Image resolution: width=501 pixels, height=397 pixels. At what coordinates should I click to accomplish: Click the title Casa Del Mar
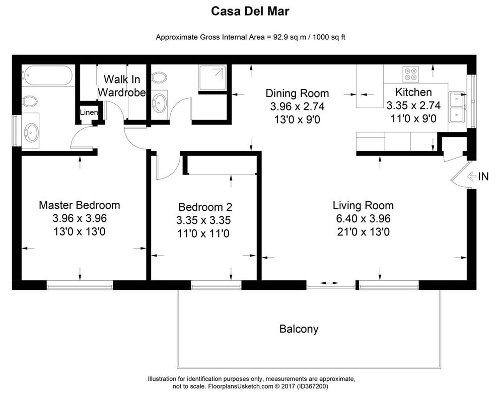(x=250, y=11)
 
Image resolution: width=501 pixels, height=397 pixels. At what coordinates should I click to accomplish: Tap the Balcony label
(x=299, y=329)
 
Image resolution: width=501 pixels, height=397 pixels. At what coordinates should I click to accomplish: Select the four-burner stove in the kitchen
(x=410, y=74)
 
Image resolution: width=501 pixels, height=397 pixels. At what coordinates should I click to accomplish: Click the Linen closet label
(x=89, y=112)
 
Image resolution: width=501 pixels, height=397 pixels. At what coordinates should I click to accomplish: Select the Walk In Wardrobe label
(x=121, y=86)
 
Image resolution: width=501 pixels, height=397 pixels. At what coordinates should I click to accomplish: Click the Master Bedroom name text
(x=80, y=205)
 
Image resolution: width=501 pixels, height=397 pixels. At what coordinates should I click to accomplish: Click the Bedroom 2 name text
(x=205, y=207)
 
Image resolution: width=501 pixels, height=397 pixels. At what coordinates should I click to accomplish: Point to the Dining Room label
(x=297, y=93)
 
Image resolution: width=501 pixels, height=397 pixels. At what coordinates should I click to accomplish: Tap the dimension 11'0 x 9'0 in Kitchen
(x=413, y=119)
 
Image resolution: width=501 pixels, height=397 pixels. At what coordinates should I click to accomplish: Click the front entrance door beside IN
(x=459, y=176)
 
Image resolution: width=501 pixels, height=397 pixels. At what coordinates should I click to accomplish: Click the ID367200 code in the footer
(x=311, y=386)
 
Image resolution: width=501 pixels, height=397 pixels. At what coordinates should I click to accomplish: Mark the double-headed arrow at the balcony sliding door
(x=330, y=284)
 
